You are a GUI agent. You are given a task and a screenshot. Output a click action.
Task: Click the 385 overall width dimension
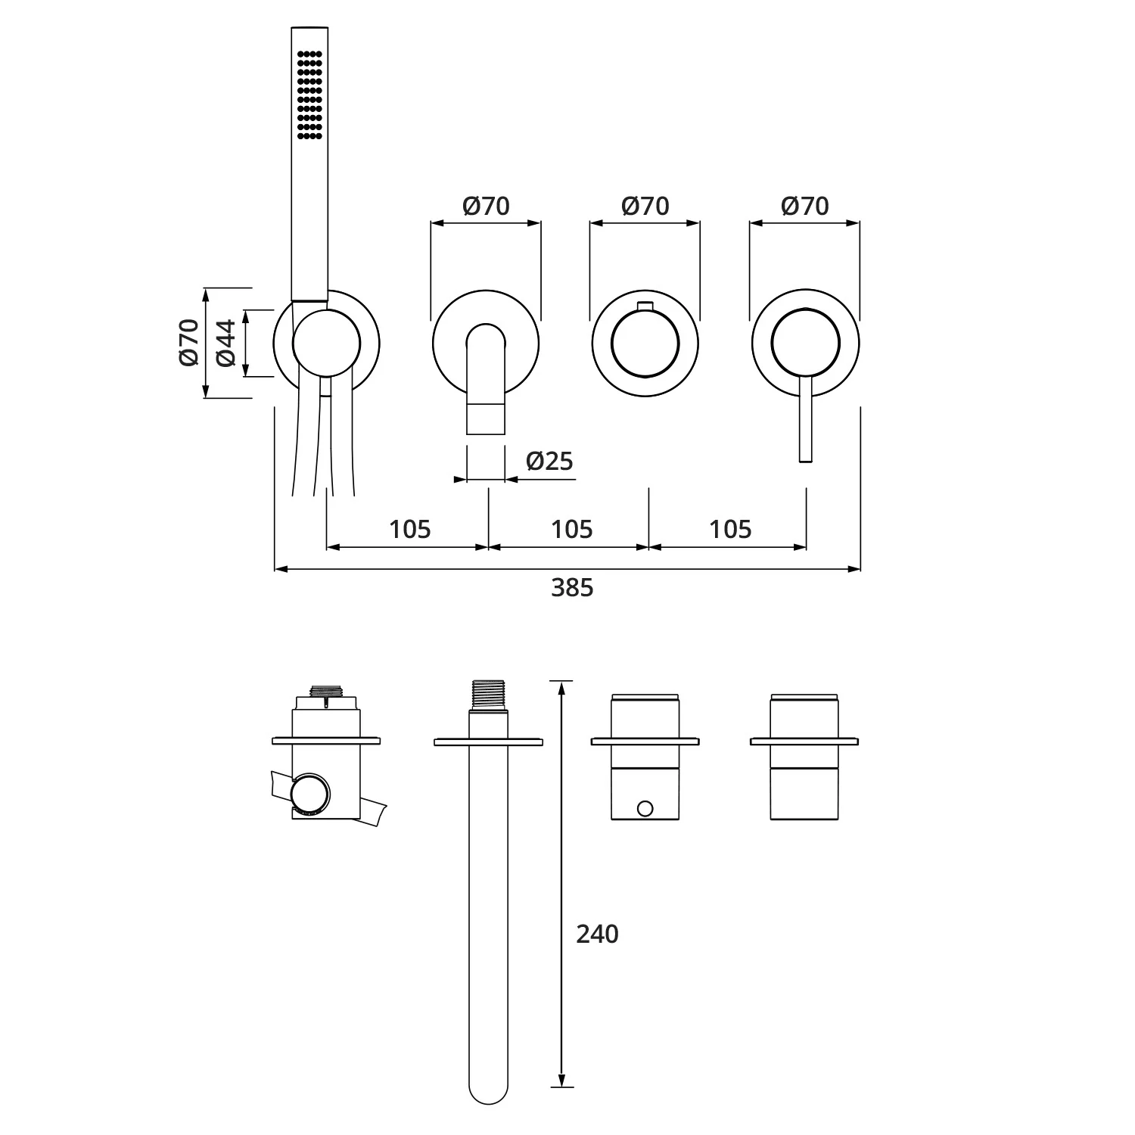572,588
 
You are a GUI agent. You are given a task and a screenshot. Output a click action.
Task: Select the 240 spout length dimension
597,934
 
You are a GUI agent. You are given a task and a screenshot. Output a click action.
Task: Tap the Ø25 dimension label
549,461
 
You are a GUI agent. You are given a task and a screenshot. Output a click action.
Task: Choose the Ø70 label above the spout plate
486,206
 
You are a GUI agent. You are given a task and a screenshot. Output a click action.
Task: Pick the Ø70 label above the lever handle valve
804,206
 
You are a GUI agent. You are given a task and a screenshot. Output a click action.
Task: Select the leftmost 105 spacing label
409,529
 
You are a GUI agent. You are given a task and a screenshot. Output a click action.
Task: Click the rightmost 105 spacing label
730,529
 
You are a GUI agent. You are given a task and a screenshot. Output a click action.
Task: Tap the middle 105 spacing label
571,529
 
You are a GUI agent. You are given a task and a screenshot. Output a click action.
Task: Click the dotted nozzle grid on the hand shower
310,95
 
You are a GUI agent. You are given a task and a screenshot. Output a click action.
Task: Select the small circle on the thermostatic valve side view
645,809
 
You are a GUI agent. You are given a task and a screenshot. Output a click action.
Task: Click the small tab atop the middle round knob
645,305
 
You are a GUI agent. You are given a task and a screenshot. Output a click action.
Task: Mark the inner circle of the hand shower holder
326,343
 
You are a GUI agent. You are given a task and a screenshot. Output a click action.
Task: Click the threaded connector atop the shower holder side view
328,690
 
